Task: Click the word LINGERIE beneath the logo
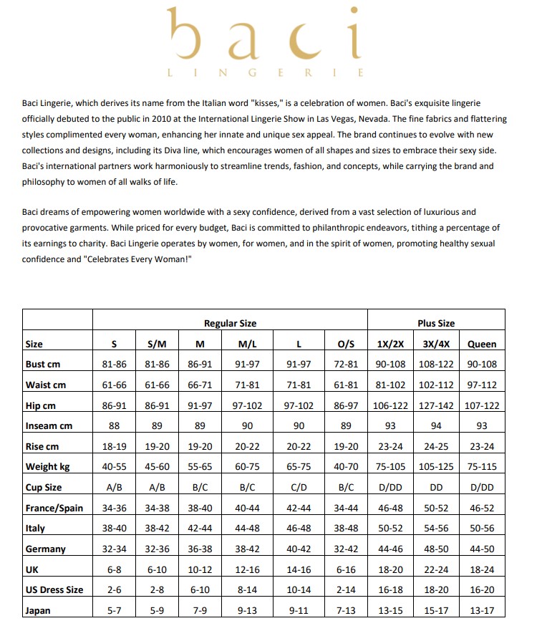(x=265, y=72)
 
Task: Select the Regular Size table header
(x=230, y=323)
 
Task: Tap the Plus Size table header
(x=436, y=323)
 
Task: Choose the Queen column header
(x=481, y=344)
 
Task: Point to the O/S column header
(x=346, y=344)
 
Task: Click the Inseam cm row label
(x=49, y=426)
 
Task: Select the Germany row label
(x=45, y=549)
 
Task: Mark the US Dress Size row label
(x=54, y=590)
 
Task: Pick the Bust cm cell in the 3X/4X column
(x=436, y=364)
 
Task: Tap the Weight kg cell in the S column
(x=115, y=467)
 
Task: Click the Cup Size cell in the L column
(x=299, y=488)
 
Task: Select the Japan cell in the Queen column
(x=481, y=611)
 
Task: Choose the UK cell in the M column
(x=200, y=569)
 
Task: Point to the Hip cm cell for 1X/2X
(x=390, y=405)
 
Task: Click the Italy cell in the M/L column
(x=248, y=529)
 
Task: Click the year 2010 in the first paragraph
(x=181, y=118)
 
